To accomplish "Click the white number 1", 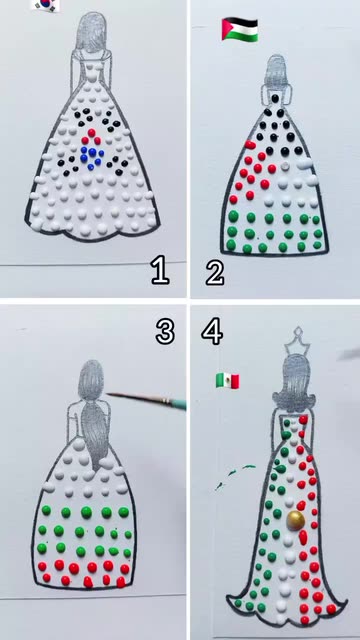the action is click(160, 270).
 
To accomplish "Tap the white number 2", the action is click(215, 270).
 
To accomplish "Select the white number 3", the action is click(165, 330).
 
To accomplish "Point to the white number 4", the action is click(212, 331).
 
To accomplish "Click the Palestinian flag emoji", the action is click(240, 29).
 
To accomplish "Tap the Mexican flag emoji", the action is click(227, 381).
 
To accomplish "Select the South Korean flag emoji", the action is click(46, 4).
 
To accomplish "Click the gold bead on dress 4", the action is click(296, 521).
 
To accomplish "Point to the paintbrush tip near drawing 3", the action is click(108, 393).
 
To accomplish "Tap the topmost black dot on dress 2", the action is click(276, 98).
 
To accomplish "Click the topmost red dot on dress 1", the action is click(91, 132).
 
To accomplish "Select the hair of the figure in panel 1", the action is click(91, 33).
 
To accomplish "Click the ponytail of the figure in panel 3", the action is click(95, 437).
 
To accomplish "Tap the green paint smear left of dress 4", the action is click(236, 475).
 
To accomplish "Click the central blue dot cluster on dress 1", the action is click(92, 155).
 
